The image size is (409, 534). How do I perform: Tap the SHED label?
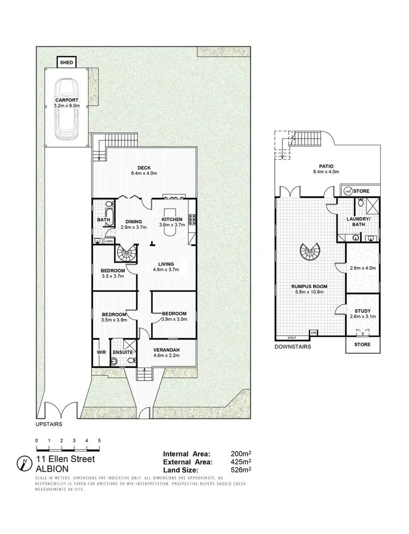coord(66,62)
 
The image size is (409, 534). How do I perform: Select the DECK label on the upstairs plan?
coord(144,168)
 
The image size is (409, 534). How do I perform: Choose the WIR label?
coord(101,353)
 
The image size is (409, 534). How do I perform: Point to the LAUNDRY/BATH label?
coord(358,222)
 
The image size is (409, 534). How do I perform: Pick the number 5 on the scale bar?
coord(99,440)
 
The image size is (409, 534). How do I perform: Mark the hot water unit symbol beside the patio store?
coord(348,191)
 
